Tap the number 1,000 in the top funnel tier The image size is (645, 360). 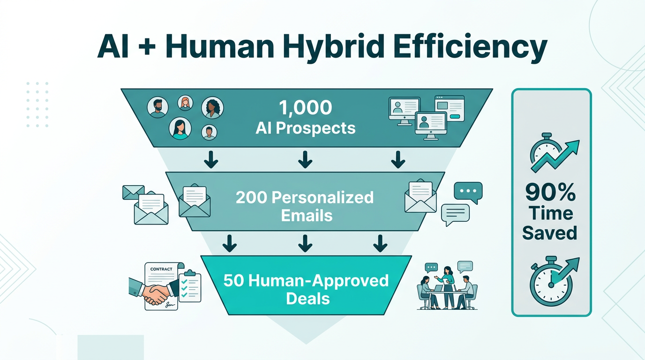coord(306,108)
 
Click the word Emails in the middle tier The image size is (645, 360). coord(307,216)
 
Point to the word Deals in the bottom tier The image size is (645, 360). coord(308,299)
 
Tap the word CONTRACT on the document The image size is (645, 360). coord(161,269)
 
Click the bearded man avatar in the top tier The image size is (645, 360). coord(157,107)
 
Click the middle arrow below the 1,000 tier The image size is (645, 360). coord(305,159)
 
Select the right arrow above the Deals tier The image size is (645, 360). coord(380,243)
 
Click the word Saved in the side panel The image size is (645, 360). coord(549,232)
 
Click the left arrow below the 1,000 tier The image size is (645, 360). coord(211,159)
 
